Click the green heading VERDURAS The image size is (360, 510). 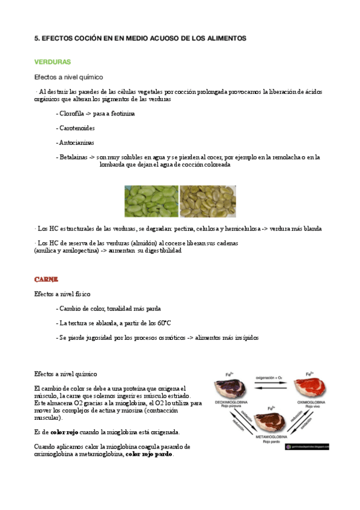point(53,62)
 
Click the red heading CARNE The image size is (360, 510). point(46,280)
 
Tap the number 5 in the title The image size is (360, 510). point(36,38)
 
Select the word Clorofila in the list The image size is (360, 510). point(71,113)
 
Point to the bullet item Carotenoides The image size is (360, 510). point(76,128)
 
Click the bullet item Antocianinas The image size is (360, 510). point(76,143)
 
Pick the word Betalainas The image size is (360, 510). point(73,157)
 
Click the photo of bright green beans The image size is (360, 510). point(151,201)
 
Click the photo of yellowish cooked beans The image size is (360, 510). point(208,201)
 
